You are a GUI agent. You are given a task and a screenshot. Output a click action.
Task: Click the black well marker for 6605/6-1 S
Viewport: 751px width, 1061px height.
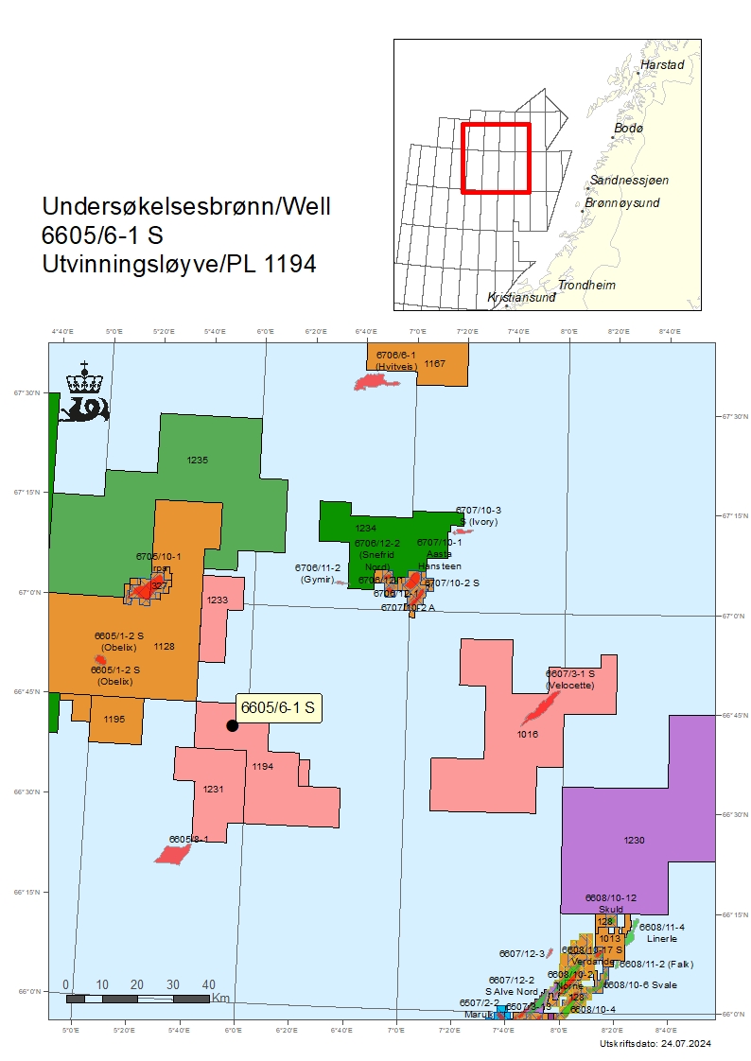point(232,725)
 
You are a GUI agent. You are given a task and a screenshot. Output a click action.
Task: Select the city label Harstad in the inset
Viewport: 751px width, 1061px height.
point(660,66)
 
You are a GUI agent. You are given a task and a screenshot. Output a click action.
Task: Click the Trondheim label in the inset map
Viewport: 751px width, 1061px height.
point(586,285)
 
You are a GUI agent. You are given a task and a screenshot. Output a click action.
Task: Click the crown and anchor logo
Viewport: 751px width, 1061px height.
point(84,391)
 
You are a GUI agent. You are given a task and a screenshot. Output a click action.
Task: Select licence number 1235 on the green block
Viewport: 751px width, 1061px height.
point(198,460)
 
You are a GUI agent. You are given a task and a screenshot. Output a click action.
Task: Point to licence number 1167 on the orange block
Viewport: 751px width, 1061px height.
point(435,363)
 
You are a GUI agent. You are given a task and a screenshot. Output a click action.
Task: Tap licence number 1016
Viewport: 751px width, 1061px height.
point(528,734)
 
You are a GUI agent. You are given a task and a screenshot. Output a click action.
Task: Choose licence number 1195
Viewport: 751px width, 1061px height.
point(114,720)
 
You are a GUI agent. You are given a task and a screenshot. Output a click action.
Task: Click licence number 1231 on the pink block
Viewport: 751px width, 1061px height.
point(213,789)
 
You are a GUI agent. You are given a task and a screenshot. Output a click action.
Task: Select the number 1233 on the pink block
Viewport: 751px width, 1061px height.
point(218,600)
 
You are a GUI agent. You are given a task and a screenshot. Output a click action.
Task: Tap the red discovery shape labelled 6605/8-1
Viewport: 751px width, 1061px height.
point(173,854)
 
